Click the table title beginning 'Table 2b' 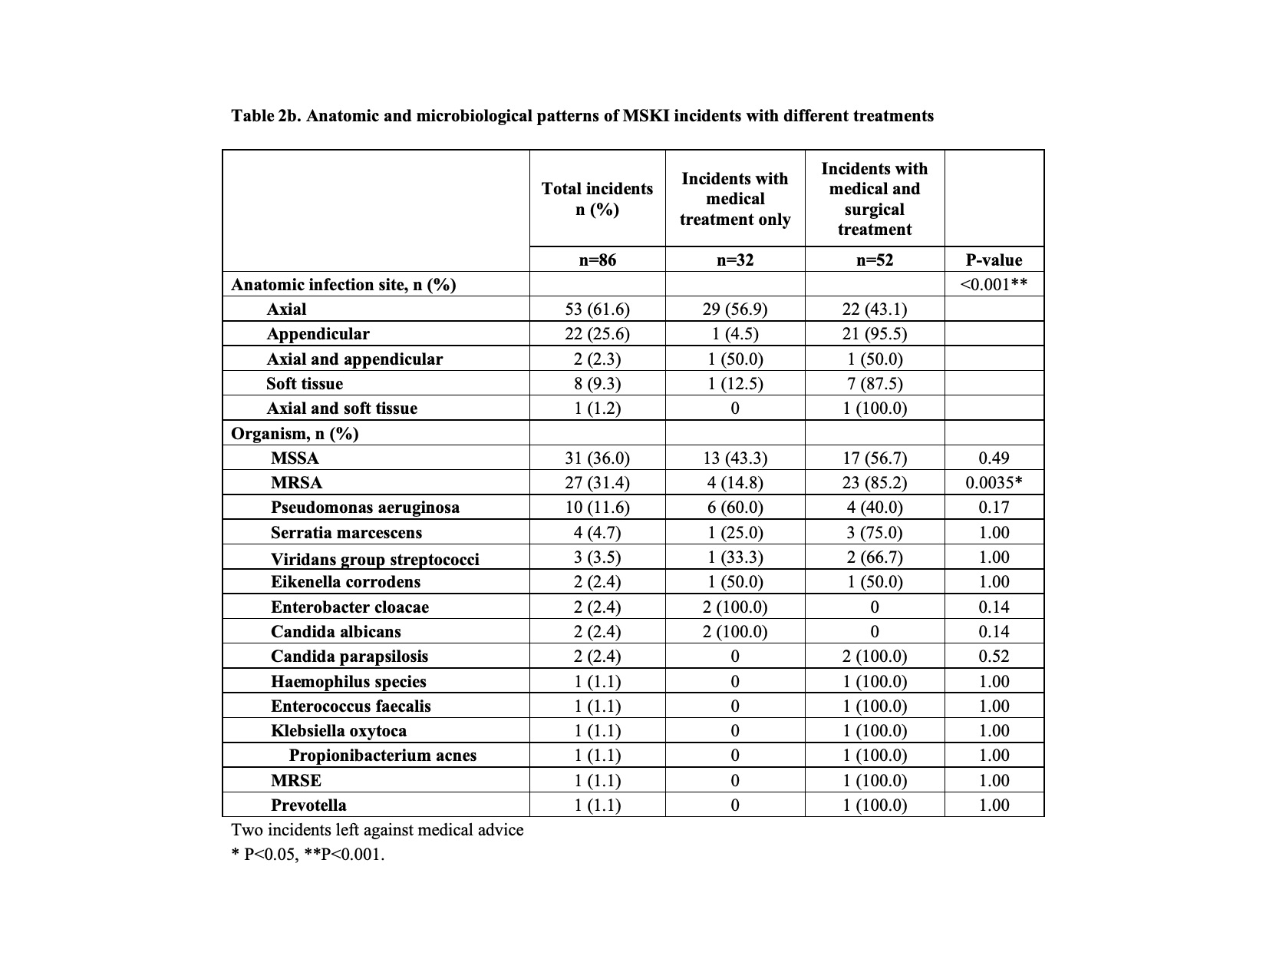582,116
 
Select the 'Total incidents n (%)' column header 597,199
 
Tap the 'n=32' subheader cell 735,260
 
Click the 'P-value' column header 994,260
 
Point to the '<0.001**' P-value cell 994,285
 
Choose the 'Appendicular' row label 318,334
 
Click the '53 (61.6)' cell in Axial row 597,309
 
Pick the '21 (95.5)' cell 875,334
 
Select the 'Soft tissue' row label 305,384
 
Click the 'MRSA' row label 296,483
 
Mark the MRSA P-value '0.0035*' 994,483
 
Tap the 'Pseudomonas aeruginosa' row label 365,508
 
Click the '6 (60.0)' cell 735,508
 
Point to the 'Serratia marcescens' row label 346,533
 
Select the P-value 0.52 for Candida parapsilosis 994,657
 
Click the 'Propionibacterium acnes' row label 383,756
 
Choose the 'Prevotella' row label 308,805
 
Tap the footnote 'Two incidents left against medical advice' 377,830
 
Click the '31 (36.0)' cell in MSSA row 597,458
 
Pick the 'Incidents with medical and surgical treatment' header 875,199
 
